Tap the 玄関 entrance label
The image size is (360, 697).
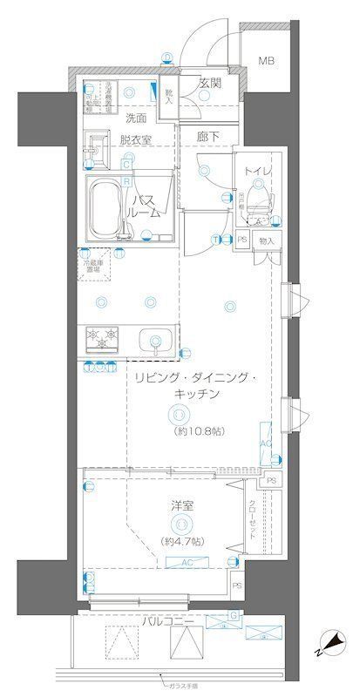tap(209, 84)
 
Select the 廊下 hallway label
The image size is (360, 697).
tap(207, 138)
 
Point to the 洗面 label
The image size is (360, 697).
tap(134, 117)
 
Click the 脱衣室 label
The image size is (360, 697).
tap(135, 139)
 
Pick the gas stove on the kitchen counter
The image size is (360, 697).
tap(102, 337)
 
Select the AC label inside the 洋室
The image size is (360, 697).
tap(186, 564)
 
